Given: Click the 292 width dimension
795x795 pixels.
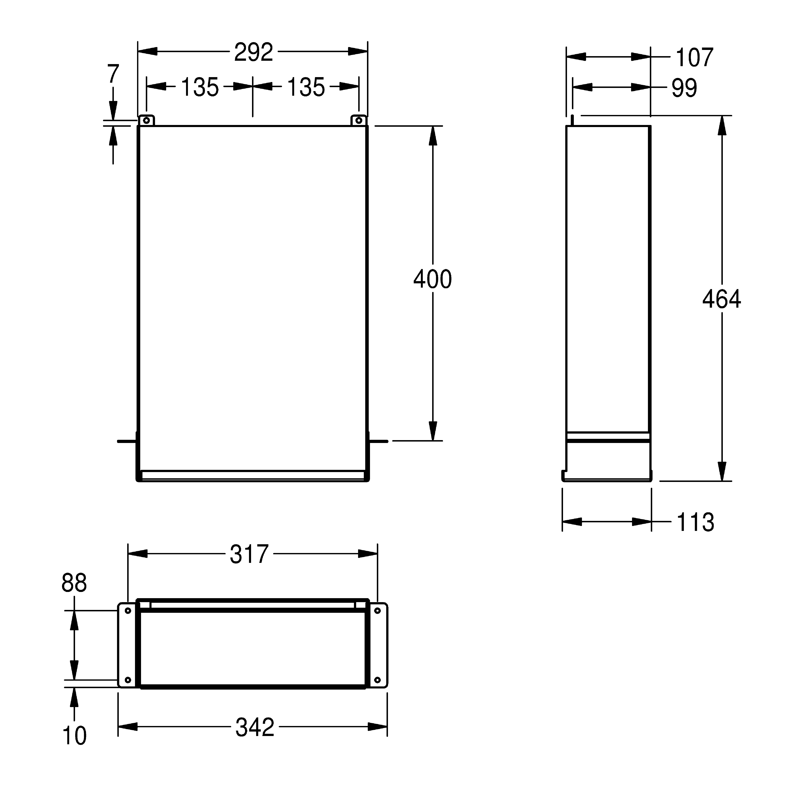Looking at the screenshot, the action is point(253,52).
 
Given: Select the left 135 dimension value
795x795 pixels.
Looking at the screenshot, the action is point(200,87).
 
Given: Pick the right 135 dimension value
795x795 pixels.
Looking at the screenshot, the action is point(306,87).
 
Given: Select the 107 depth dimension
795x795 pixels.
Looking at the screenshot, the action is point(695,57).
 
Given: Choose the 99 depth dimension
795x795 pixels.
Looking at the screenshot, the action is point(684,88).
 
